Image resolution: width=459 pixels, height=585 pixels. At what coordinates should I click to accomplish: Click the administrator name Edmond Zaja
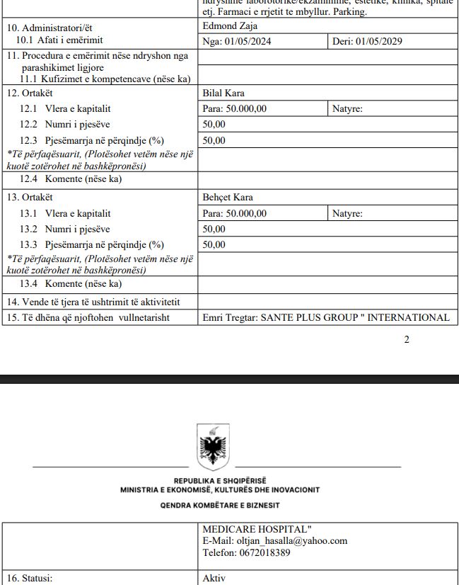click(x=230, y=26)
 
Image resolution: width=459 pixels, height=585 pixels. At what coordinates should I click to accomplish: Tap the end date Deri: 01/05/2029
click(x=367, y=41)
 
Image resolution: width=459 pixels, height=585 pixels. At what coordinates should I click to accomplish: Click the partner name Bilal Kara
click(x=223, y=93)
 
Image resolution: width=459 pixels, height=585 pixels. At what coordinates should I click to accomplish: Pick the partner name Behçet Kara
click(x=228, y=198)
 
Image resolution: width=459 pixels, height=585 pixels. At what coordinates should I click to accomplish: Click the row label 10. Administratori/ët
click(x=50, y=28)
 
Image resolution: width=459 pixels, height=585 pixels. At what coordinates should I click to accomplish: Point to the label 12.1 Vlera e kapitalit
click(x=65, y=109)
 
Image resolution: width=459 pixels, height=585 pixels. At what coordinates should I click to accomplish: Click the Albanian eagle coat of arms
click(x=211, y=444)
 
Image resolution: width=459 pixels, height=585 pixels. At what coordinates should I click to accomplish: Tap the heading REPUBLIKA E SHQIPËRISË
click(x=220, y=481)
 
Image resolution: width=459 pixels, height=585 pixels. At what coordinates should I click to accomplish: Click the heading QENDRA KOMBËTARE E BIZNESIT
click(x=220, y=505)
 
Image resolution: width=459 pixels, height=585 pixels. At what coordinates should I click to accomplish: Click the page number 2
click(x=407, y=339)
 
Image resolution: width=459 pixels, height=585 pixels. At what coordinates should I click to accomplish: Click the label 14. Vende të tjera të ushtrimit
click(x=93, y=302)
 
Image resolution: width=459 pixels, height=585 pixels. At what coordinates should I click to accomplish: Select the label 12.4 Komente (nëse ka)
click(x=71, y=179)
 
